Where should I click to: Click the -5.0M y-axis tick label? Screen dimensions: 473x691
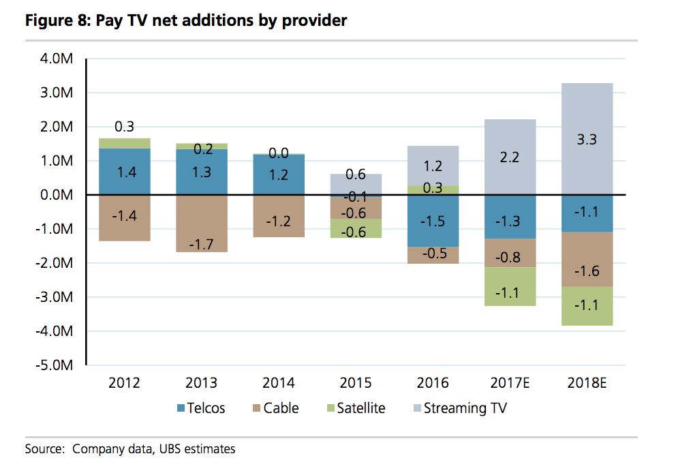[55, 365]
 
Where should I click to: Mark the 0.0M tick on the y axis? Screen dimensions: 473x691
[56, 195]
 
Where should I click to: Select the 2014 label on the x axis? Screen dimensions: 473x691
[280, 383]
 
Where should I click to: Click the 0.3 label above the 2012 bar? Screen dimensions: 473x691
[125, 127]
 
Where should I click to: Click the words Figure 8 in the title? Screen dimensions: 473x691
[53, 21]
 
